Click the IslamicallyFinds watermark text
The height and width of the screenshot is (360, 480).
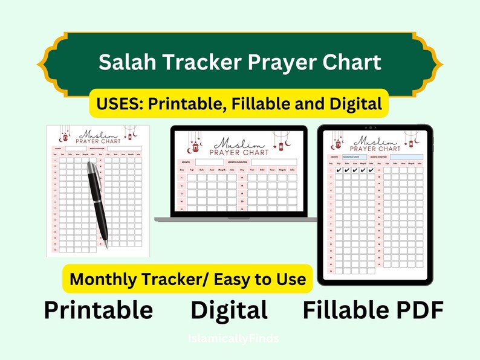point(235,339)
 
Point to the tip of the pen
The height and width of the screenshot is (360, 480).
point(107,247)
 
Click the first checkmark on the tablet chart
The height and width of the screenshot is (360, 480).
point(339,170)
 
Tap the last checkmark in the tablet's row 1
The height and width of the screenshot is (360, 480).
point(372,170)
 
